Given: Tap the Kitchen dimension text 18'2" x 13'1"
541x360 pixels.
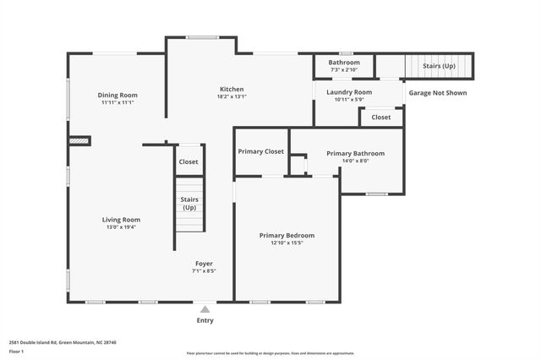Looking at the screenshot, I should click(232, 96).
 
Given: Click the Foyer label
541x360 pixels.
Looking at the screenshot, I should click(204, 264).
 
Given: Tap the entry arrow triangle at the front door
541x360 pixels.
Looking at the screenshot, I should click(205, 310).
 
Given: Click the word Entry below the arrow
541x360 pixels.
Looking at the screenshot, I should click(205, 321).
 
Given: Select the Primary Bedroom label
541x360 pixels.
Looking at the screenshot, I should click(287, 235).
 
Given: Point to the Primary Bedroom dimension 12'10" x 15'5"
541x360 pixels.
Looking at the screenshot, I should click(287, 243).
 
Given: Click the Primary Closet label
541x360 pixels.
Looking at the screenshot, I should click(261, 151).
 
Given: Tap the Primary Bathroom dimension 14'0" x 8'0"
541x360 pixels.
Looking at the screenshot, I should click(355, 161).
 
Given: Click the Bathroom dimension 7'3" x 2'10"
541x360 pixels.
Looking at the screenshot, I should click(344, 69).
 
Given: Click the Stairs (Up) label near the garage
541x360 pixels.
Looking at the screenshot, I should click(438, 66).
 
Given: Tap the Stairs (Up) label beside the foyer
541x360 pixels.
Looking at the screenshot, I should click(189, 204).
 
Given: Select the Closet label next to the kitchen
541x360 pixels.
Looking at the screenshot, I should click(189, 161).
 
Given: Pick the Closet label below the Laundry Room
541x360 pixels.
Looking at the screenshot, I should click(381, 117).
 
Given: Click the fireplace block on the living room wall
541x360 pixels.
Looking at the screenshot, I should click(79, 141).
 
